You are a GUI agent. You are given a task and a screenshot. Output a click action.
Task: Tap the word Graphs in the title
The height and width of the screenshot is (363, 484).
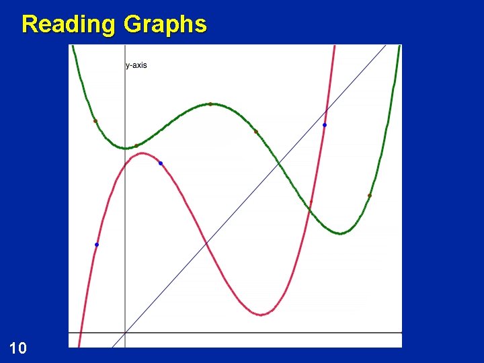tap(165, 24)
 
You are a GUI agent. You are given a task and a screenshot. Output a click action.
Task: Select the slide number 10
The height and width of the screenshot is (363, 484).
tap(18, 348)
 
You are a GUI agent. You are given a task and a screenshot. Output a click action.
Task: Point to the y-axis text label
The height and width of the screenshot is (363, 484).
tap(136, 65)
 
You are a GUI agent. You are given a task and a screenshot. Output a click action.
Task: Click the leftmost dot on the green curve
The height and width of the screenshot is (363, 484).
tap(95, 121)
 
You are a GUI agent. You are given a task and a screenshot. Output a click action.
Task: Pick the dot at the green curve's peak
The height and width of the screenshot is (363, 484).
tap(210, 104)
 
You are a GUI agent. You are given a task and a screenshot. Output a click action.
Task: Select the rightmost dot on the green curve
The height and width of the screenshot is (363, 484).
tap(369, 196)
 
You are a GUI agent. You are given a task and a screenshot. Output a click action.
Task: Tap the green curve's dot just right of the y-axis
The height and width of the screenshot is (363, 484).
tap(136, 145)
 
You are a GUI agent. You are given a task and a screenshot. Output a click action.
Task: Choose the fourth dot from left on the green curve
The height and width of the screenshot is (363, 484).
tap(255, 132)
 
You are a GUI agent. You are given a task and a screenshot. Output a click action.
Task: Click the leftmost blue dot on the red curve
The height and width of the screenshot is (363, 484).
tap(97, 245)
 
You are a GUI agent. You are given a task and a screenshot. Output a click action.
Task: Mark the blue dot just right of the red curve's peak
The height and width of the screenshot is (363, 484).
tap(160, 163)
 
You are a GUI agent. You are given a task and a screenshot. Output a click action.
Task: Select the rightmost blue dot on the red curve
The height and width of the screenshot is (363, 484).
tap(325, 125)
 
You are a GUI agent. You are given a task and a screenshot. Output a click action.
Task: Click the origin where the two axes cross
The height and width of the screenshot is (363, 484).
tap(126, 333)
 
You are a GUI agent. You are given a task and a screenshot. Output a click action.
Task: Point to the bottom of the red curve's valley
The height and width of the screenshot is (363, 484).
tap(262, 314)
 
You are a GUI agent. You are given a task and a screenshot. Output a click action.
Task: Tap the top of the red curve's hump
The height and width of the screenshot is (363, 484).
tap(143, 153)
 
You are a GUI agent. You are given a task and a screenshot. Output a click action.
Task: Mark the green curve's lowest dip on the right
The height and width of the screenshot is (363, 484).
tap(340, 233)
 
